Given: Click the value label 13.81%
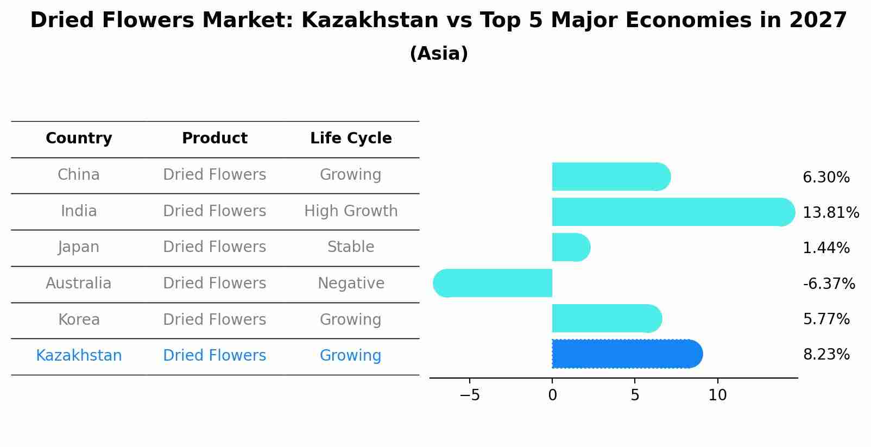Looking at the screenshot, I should (830, 213).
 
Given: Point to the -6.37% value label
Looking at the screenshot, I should (829, 284).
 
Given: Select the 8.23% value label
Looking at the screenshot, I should (826, 355).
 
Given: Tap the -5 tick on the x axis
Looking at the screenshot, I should (470, 395).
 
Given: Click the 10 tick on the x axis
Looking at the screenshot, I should (717, 395).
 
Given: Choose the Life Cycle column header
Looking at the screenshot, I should (351, 138).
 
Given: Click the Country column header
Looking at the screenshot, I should (79, 138).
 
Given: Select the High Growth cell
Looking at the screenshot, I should (351, 211).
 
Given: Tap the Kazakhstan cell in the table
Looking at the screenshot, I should (79, 356).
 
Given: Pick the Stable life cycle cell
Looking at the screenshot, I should (351, 247).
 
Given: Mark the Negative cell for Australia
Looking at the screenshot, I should (351, 284).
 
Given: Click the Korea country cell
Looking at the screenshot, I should (79, 319).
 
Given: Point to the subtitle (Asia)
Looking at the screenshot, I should (439, 54).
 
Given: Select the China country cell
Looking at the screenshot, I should (79, 175).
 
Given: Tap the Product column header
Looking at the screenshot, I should (214, 138).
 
